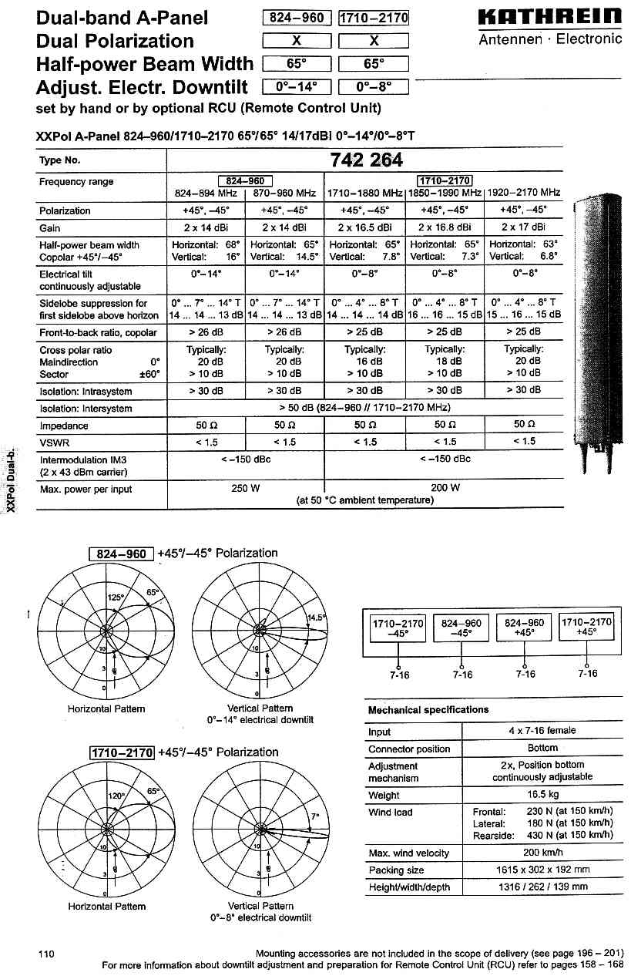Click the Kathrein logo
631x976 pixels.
coord(550,17)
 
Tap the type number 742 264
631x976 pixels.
coord(365,160)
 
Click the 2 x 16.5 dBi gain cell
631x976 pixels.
coord(364,227)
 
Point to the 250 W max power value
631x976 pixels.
coord(245,488)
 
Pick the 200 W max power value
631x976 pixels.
coord(445,488)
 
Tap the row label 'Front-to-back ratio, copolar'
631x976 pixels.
coord(98,332)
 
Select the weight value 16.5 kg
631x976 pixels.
coord(542,795)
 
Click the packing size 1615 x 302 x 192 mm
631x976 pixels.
coord(542,870)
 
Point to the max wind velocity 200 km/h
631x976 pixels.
coord(542,853)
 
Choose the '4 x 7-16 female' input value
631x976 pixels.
coord(542,730)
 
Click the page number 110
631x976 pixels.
coord(46,954)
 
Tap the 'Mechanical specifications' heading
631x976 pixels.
coord(428,709)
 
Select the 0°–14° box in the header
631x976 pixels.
coord(297,87)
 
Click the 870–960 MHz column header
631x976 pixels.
coord(284,193)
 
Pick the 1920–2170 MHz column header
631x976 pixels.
coord(524,193)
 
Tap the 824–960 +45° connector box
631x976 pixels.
coord(524,628)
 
